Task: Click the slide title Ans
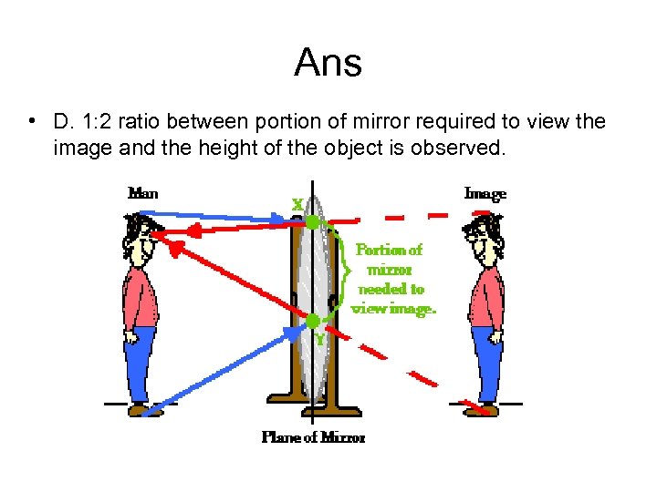click(328, 63)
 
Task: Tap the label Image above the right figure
click(485, 193)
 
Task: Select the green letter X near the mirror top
click(297, 206)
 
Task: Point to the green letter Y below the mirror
click(319, 339)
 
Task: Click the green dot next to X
click(312, 221)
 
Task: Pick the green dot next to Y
click(312, 321)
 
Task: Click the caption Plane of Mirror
click(313, 437)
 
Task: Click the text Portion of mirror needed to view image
click(393, 278)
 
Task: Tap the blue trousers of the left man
click(140, 364)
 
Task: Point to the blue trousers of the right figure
click(486, 364)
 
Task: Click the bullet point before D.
click(32, 122)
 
